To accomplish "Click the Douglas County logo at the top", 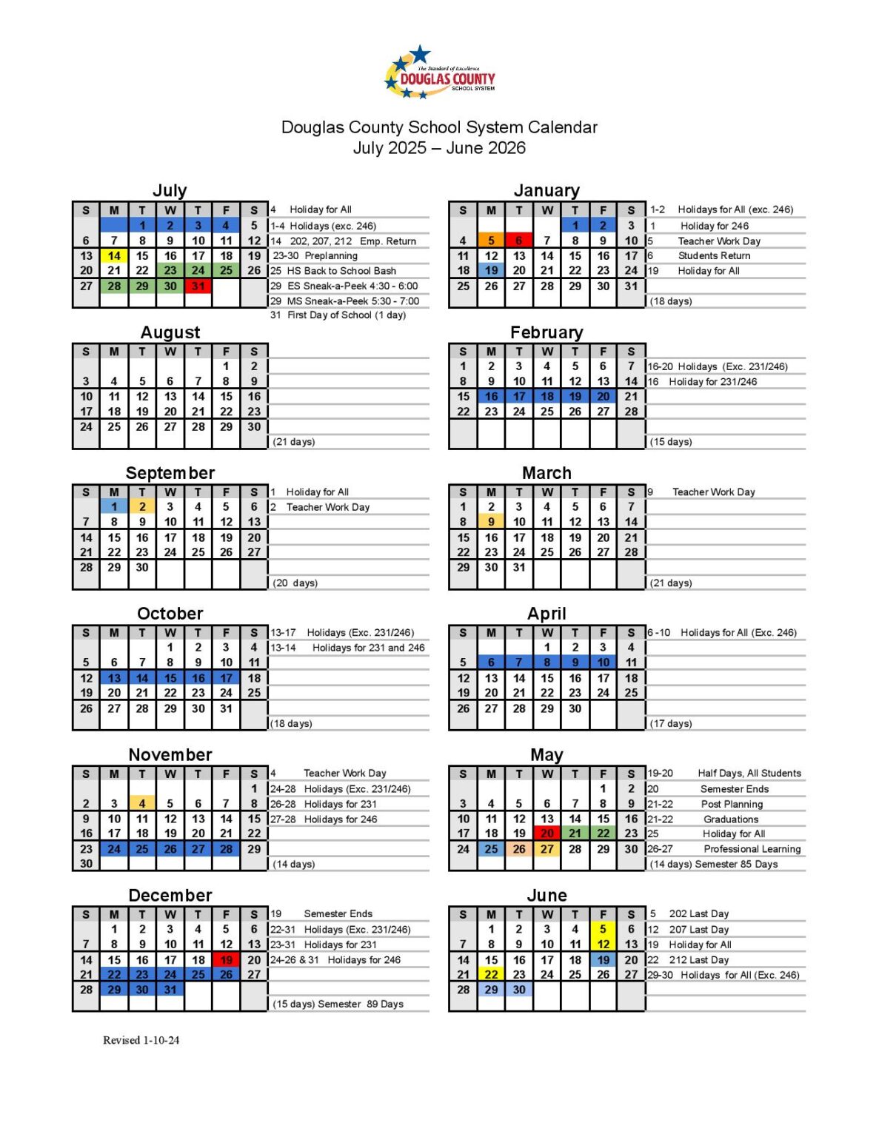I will [x=440, y=73].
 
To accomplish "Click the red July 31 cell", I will [x=198, y=286].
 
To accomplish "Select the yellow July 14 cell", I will [x=114, y=256].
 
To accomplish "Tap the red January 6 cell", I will [x=519, y=241].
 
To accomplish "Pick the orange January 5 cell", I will [x=491, y=241].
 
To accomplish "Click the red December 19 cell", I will [x=226, y=960].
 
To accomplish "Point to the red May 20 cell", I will [x=547, y=834].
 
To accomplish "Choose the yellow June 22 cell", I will [x=491, y=975].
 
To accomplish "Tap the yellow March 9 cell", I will [x=491, y=522].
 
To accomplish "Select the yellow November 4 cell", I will [x=142, y=803].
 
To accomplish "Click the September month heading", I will [x=170, y=473].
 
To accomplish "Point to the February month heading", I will [x=547, y=332].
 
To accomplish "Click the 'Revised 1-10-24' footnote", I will [x=141, y=1040].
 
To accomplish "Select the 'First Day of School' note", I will [x=338, y=315].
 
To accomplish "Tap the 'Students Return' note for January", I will [x=714, y=256].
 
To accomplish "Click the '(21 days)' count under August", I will [x=294, y=442].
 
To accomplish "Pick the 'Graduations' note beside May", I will [x=731, y=819].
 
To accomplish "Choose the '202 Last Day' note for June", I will [x=698, y=914].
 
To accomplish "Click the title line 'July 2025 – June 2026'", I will [x=439, y=148].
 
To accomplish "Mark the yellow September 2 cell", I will [x=142, y=507].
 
